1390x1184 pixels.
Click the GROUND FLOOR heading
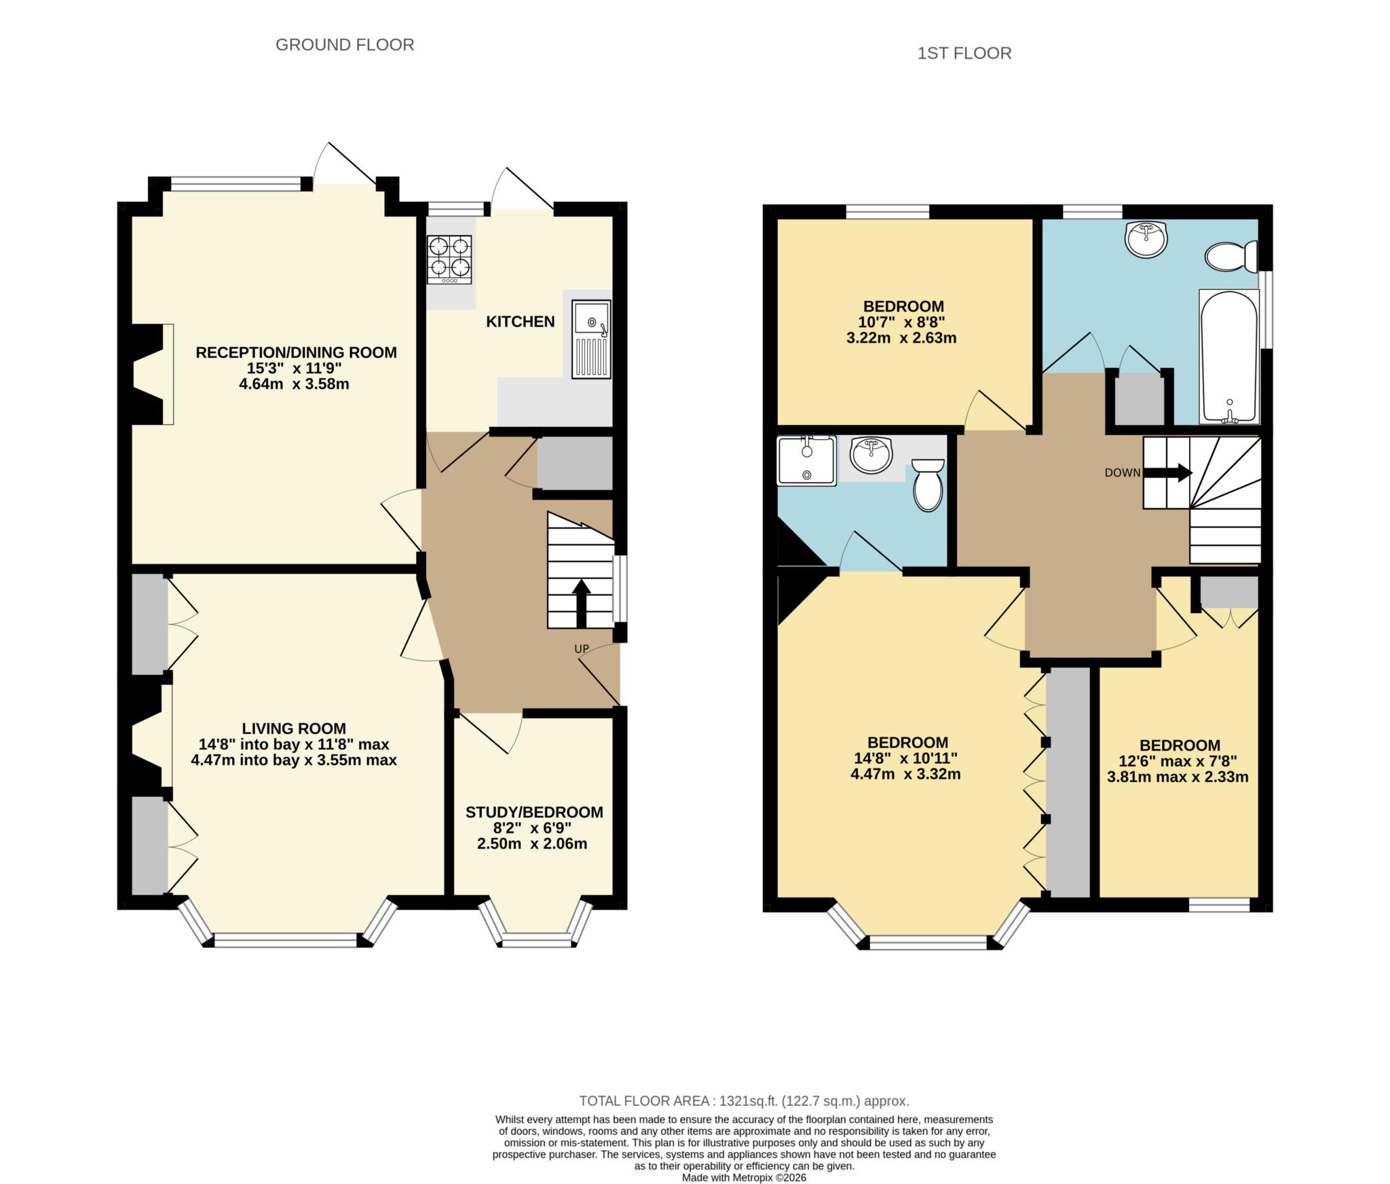(x=345, y=45)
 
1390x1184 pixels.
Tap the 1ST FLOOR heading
(x=964, y=53)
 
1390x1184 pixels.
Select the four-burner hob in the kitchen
(x=449, y=259)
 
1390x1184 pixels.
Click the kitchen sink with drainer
(x=590, y=339)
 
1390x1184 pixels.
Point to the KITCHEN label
(x=520, y=322)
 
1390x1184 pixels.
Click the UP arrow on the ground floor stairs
(x=581, y=603)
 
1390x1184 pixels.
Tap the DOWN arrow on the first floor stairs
(x=1179, y=473)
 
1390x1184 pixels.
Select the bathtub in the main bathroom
(x=1229, y=356)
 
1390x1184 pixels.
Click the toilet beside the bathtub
(x=1231, y=257)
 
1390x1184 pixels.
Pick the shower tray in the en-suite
(x=806, y=461)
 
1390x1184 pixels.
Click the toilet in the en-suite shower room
(x=928, y=484)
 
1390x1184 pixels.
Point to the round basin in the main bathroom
(x=1146, y=239)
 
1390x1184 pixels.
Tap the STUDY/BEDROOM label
(x=534, y=812)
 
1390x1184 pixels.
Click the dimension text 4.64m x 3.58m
(x=294, y=384)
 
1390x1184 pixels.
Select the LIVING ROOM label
(x=294, y=728)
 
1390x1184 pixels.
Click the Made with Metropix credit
(x=744, y=1177)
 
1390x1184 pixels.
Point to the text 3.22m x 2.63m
(x=901, y=338)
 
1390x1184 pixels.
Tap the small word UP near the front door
(x=582, y=649)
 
